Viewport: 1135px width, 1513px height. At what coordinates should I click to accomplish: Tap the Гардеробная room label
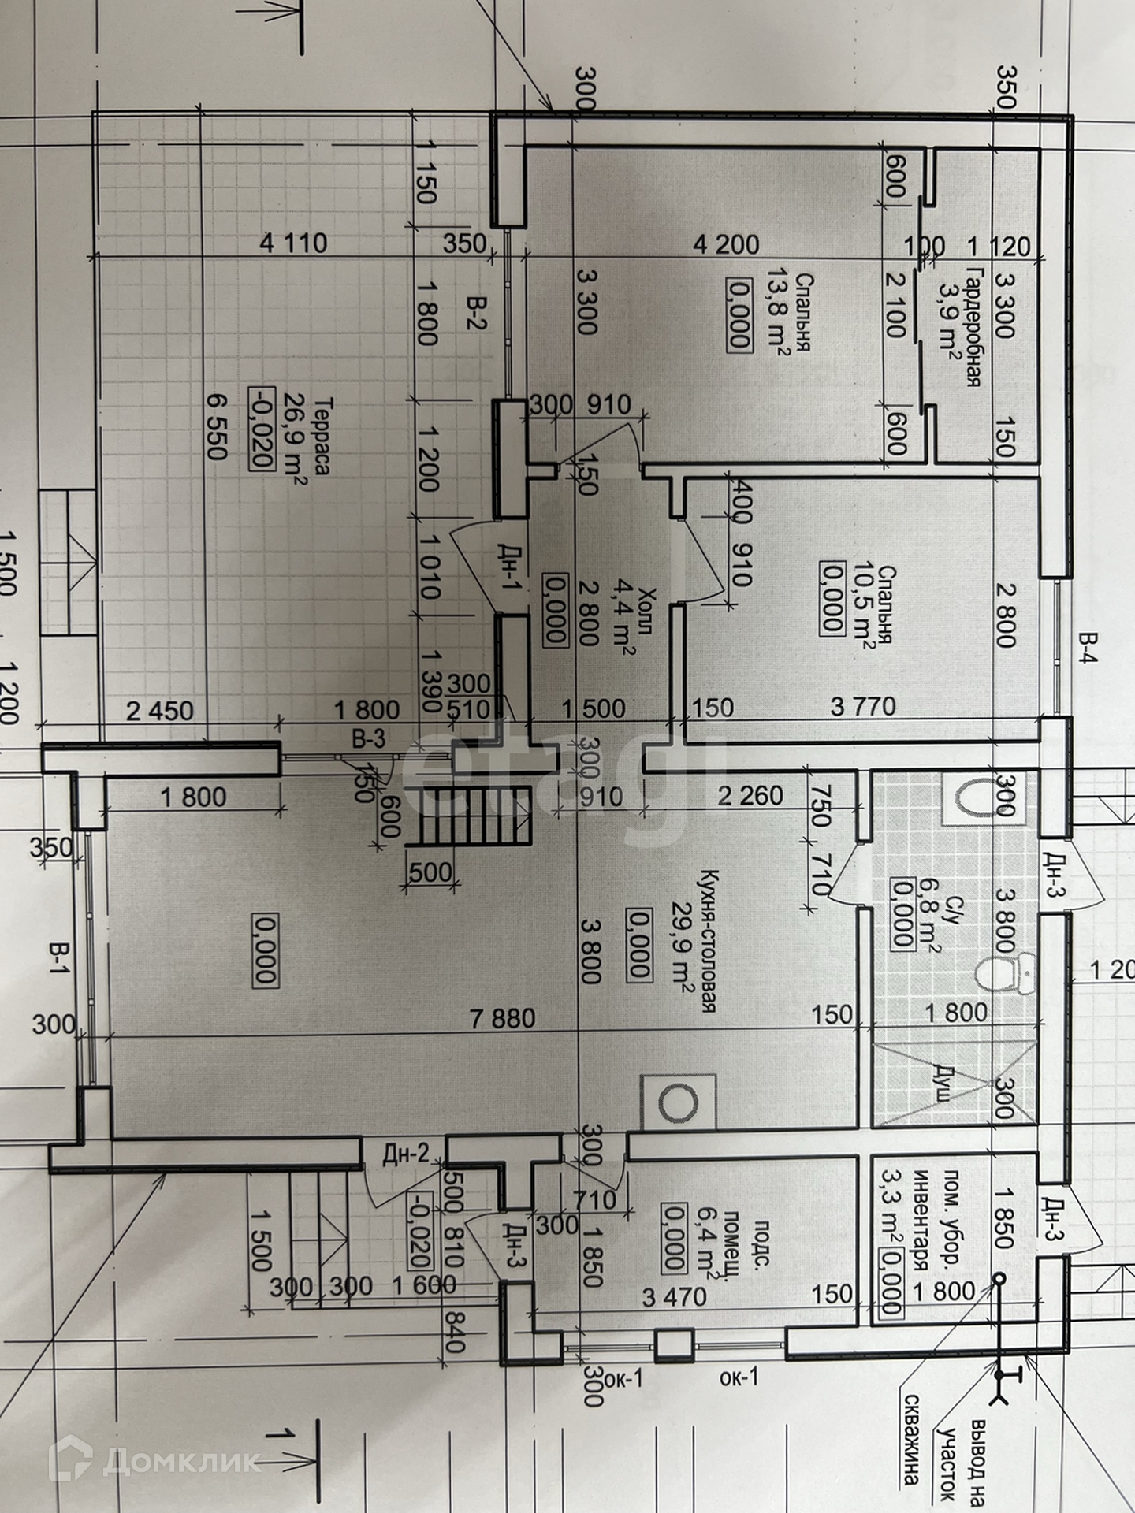click(973, 326)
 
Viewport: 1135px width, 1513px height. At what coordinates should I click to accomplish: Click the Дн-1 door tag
click(511, 566)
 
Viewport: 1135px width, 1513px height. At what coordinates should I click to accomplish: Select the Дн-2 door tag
click(405, 1154)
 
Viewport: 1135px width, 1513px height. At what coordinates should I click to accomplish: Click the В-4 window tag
click(1088, 647)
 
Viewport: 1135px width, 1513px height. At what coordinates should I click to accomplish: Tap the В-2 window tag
click(476, 313)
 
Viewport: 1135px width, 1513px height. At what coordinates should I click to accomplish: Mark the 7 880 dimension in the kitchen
click(502, 1018)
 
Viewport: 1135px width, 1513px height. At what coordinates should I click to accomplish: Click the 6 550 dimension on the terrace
click(215, 426)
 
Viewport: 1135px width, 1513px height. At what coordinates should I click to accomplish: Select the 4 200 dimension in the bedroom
click(725, 244)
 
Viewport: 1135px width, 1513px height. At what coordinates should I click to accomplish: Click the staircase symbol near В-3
click(468, 816)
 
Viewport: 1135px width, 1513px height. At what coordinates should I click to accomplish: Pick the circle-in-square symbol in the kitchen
click(677, 1102)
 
